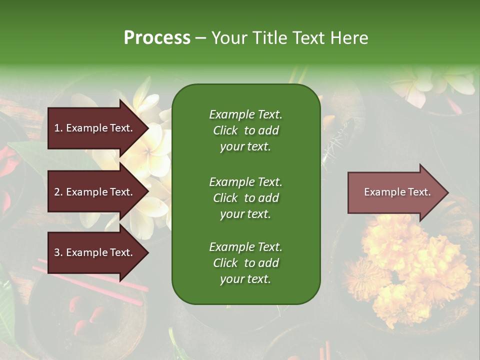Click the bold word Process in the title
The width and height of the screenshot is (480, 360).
coord(157,38)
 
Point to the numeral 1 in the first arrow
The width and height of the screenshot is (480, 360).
coord(56,128)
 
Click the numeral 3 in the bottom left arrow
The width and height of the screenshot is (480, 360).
coord(56,252)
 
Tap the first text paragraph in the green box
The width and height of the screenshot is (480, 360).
coord(245,130)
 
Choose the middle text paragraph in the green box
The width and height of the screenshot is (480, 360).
coord(245,198)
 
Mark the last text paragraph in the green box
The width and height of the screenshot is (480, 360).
coord(245,263)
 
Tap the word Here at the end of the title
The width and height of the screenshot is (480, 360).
coord(350,38)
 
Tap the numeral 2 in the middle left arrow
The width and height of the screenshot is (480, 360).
coord(56,192)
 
